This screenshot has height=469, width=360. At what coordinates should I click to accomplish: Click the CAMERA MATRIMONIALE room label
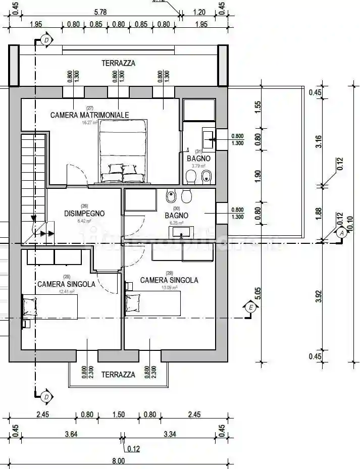click(x=89, y=115)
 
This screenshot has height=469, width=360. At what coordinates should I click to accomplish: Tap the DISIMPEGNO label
click(x=84, y=214)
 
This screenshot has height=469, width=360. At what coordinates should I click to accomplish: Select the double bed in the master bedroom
click(x=123, y=151)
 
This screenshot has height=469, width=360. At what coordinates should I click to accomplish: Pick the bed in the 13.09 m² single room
click(x=153, y=304)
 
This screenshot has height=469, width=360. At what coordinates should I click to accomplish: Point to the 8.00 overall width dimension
click(x=118, y=460)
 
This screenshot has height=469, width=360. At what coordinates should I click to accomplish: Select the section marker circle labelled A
click(x=342, y=233)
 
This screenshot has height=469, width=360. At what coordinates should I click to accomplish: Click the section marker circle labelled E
click(x=249, y=307)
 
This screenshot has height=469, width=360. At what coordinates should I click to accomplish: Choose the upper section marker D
click(x=46, y=39)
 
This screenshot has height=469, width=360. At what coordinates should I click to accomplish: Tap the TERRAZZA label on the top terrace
click(x=118, y=64)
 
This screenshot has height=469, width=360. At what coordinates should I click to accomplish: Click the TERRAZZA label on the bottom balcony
click(x=118, y=375)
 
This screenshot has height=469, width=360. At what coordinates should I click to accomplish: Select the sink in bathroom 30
click(x=180, y=232)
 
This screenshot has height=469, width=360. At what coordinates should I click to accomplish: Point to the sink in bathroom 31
click(x=209, y=136)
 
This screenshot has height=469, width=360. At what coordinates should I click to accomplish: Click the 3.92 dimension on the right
click(x=318, y=296)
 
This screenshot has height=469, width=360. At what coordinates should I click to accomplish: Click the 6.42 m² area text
click(x=84, y=221)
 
